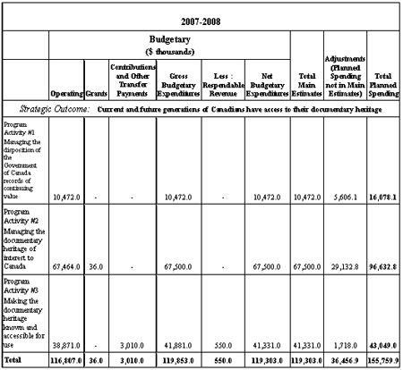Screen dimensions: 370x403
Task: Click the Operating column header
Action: (66, 91)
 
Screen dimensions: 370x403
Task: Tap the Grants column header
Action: (96, 91)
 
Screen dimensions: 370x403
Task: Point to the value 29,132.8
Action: (345, 266)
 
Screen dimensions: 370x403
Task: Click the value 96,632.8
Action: (382, 266)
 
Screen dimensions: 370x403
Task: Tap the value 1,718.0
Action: (345, 344)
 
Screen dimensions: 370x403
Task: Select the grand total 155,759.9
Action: (382, 359)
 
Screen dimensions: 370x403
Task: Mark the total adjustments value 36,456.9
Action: (345, 359)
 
